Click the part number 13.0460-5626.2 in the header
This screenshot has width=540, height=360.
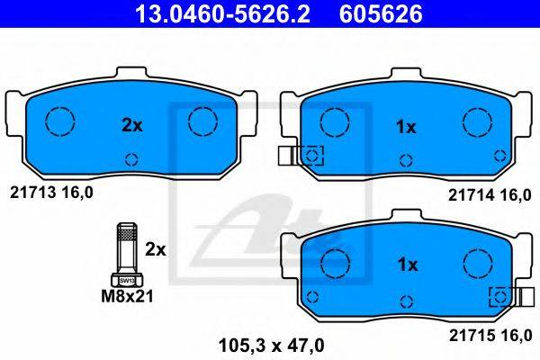tap(222, 13)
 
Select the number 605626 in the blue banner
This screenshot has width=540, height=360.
tap(381, 13)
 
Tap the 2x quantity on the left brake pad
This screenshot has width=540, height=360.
tap(132, 126)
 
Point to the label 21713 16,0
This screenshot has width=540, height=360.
tap(51, 193)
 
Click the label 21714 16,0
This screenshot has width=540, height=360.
tap(490, 195)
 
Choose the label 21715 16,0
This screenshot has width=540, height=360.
tap(490, 335)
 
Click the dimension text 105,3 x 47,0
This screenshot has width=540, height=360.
tap(272, 346)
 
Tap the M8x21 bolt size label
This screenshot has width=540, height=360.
tap(127, 296)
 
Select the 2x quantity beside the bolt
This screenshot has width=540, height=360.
tap(156, 249)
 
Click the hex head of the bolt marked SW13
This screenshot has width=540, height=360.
tap(127, 281)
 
